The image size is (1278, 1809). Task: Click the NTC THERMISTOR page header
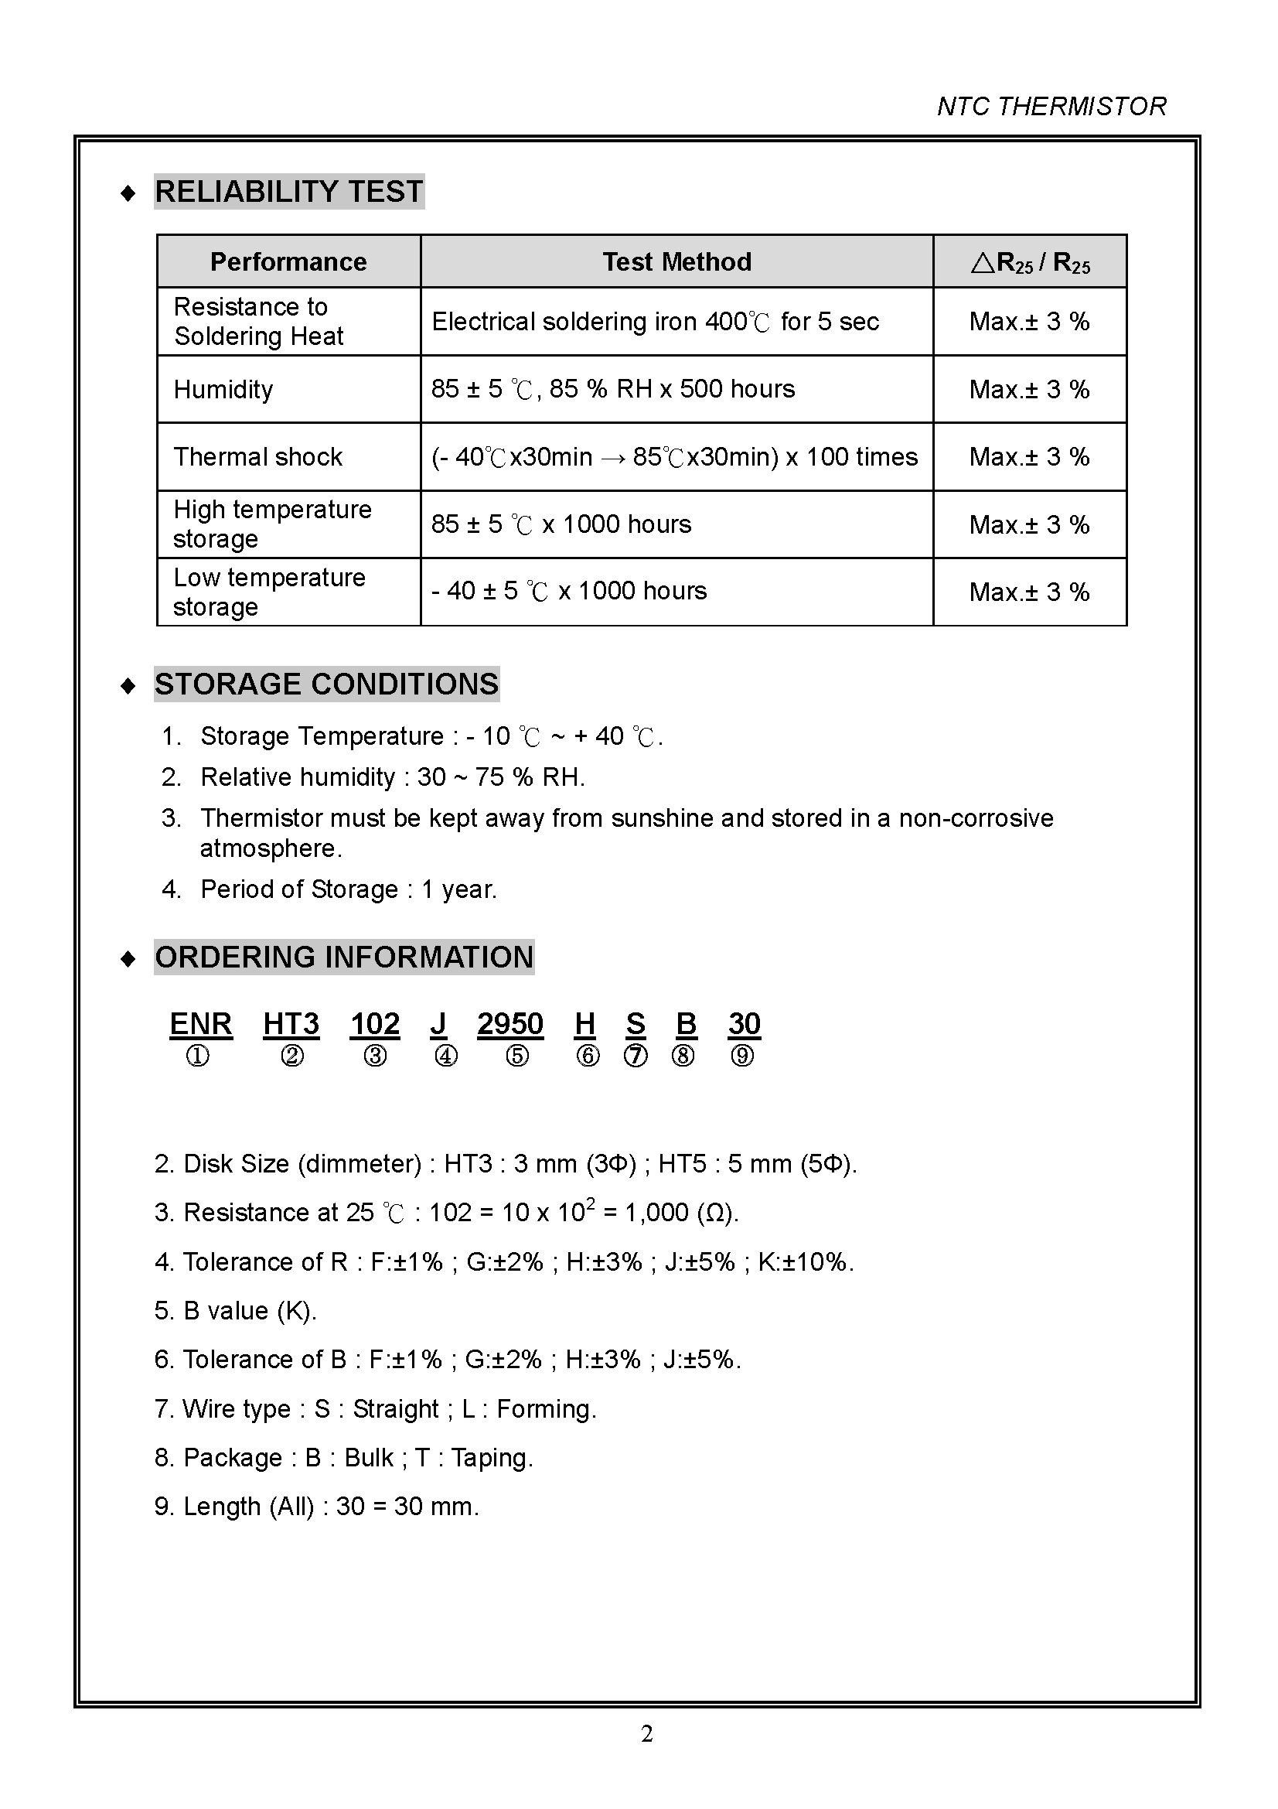1051,107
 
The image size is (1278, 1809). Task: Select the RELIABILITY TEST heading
289,192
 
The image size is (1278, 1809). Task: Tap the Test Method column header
676,261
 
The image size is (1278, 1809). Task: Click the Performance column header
288,261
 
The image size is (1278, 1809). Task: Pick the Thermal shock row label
257,457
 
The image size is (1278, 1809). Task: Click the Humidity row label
223,389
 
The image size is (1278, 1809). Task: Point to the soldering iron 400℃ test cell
655,322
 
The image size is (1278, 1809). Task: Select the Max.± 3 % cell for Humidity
1029,389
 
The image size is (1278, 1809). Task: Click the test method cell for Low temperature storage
568,591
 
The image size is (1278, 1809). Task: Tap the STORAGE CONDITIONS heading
326,684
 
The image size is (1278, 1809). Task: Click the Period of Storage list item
348,889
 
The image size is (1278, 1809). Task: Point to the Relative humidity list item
392,777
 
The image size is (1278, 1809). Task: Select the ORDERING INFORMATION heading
344,957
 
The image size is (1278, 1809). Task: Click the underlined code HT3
291,1024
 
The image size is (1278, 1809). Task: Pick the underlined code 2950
510,1024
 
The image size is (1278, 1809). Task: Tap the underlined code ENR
201,1024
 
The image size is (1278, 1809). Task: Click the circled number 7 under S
636,1056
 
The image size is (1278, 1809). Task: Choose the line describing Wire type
376,1408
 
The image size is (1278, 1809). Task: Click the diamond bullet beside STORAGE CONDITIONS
128,686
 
